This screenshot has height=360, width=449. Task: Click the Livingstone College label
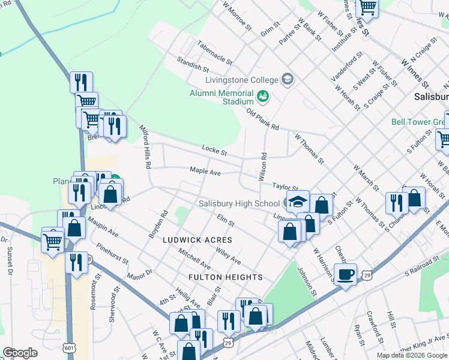click(242, 80)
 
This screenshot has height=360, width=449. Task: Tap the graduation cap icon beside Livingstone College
click(287, 80)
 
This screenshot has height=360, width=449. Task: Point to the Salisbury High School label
click(239, 203)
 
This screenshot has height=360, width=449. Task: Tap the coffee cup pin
click(345, 275)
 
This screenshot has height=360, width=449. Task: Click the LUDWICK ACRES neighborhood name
click(197, 240)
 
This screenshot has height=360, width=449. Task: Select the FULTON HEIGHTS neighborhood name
click(225, 277)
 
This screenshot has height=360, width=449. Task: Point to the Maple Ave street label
click(206, 172)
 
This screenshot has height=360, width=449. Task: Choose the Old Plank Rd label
click(262, 119)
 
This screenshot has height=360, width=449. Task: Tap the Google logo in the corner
click(20, 352)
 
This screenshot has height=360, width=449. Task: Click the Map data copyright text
click(411, 355)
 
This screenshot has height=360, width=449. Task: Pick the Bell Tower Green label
click(418, 121)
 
